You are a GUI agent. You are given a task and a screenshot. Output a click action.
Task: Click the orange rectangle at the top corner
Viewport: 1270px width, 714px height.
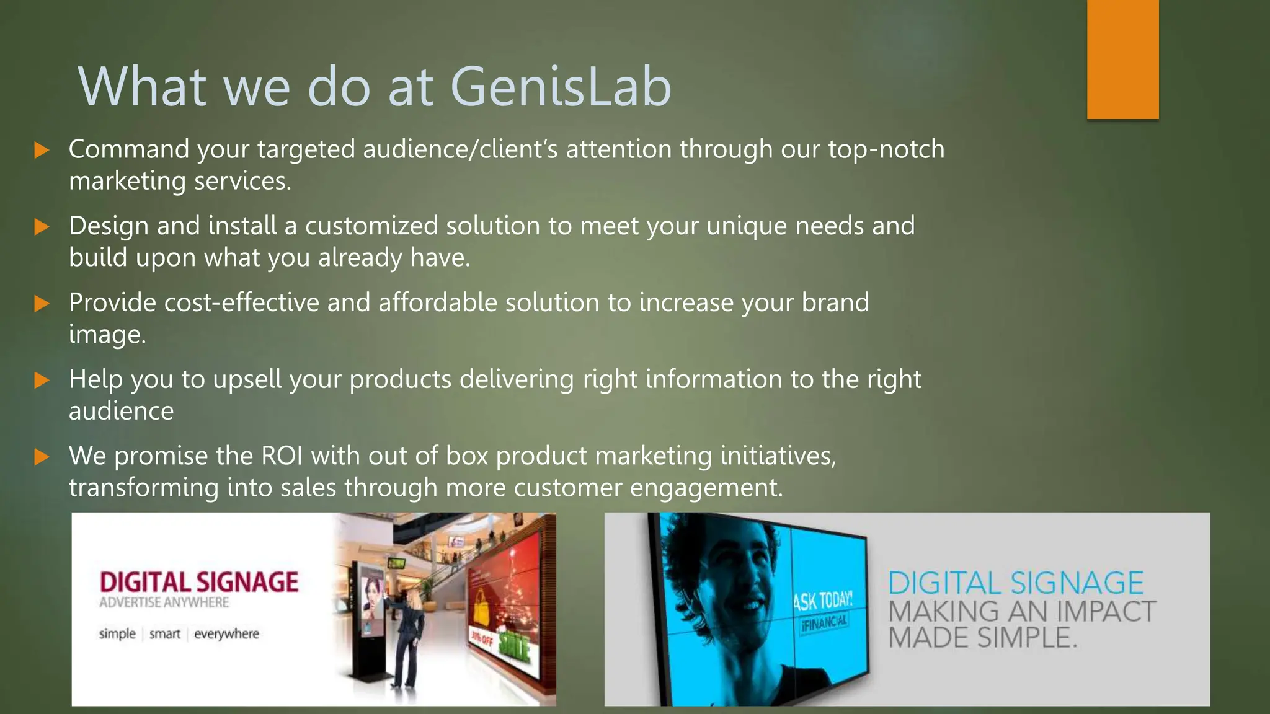click(1122, 59)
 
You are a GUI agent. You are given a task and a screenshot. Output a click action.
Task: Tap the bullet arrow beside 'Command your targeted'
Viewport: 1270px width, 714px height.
click(42, 150)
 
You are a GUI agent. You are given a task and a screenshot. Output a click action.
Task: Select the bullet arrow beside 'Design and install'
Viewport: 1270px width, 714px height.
click(42, 226)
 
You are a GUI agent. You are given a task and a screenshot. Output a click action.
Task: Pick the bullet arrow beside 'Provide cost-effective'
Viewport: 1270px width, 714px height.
click(42, 303)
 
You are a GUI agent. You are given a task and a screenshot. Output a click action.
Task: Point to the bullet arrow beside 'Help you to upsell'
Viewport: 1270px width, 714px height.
click(42, 380)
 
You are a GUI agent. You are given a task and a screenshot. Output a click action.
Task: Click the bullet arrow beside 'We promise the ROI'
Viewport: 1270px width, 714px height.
click(42, 457)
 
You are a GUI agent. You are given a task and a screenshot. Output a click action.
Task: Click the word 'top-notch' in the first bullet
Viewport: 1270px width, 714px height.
click(886, 149)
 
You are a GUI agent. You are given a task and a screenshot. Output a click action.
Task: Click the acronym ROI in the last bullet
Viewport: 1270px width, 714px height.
click(282, 456)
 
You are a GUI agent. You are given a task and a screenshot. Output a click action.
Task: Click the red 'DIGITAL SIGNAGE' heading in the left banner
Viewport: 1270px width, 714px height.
click(199, 582)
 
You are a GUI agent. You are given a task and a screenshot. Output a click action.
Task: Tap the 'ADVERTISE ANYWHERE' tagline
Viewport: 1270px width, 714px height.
click(164, 602)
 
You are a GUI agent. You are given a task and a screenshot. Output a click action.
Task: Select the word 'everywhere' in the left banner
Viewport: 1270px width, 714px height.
click(226, 634)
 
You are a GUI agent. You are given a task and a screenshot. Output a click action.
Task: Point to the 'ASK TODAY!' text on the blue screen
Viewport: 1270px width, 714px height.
click(823, 601)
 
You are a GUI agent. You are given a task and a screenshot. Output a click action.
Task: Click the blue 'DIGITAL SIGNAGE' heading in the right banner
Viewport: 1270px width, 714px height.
click(1016, 584)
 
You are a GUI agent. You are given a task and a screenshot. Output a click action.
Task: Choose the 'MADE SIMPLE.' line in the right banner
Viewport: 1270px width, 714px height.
click(983, 638)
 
